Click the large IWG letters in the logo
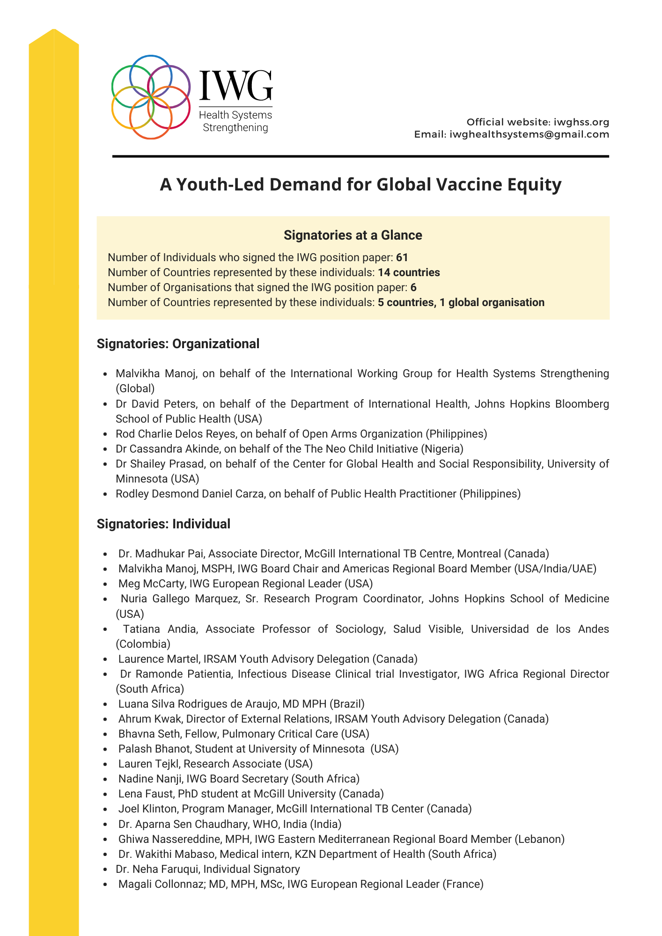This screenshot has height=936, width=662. pos(235,86)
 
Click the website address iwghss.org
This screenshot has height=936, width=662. pos(581,122)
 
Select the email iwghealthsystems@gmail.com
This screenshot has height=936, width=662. pos(529,134)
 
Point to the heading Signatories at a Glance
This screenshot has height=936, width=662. pos(353,235)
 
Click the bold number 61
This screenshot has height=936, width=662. pos(402,257)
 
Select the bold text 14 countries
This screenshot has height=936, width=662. pos(409,272)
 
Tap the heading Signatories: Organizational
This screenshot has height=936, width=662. pos(178,344)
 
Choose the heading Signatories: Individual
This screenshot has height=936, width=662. pos(163,524)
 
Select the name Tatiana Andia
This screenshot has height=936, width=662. pos(159,629)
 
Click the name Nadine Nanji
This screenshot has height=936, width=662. pos(150,779)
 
